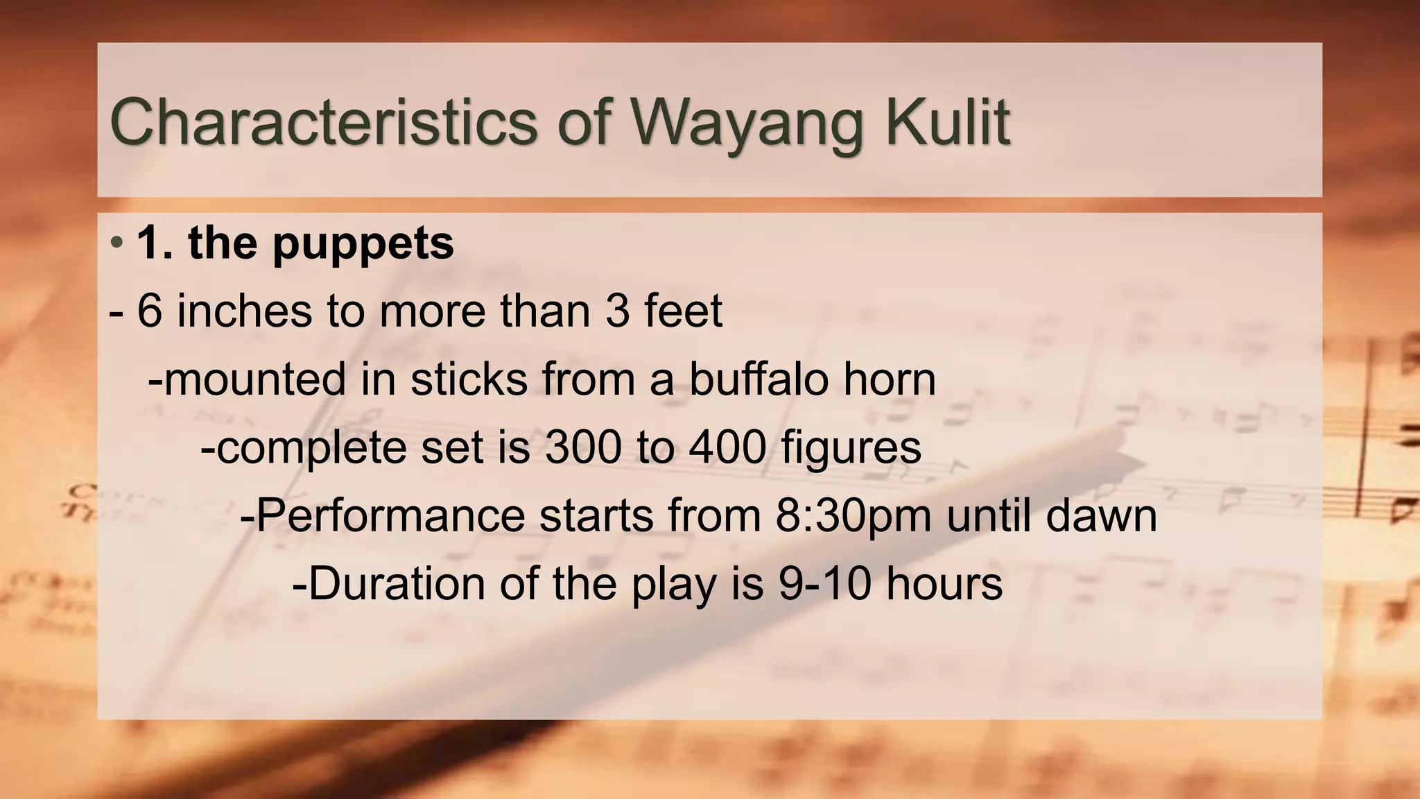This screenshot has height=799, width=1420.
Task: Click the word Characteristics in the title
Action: coord(323,122)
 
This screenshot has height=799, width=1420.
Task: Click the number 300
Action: coord(583,447)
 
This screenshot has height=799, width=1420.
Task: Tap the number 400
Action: coord(727,447)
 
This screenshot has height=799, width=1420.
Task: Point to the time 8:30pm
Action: coord(853,515)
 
